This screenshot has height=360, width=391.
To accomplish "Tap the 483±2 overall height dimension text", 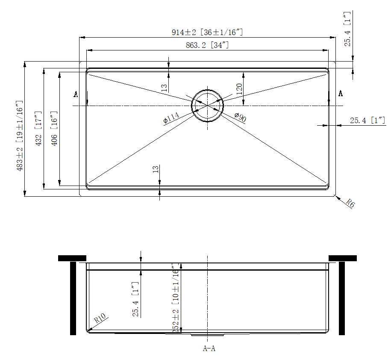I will (x=20, y=136).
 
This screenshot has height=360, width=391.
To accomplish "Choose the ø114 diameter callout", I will (x=171, y=118).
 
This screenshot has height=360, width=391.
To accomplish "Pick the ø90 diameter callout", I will (x=240, y=117).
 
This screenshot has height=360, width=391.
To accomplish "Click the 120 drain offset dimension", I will (x=239, y=89).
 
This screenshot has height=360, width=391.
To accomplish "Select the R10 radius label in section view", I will (x=100, y=319).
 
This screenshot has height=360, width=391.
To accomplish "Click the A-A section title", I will (x=209, y=348).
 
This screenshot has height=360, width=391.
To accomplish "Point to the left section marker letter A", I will (x=76, y=94).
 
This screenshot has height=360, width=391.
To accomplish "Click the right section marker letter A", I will (x=341, y=93).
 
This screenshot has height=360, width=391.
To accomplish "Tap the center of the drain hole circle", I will (x=208, y=105).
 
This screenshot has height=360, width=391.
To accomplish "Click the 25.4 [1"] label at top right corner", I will (x=347, y=29).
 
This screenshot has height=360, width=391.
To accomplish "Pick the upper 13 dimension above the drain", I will (x=164, y=88).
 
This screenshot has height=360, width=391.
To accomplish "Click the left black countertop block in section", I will (x=72, y=258).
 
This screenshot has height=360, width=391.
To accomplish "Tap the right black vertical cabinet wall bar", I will (x=341, y=298).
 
